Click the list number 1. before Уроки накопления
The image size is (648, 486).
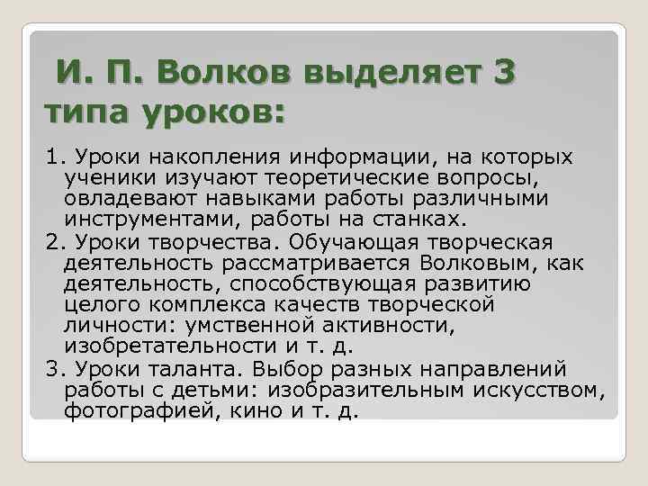[55, 158]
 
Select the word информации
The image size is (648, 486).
[326, 158]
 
